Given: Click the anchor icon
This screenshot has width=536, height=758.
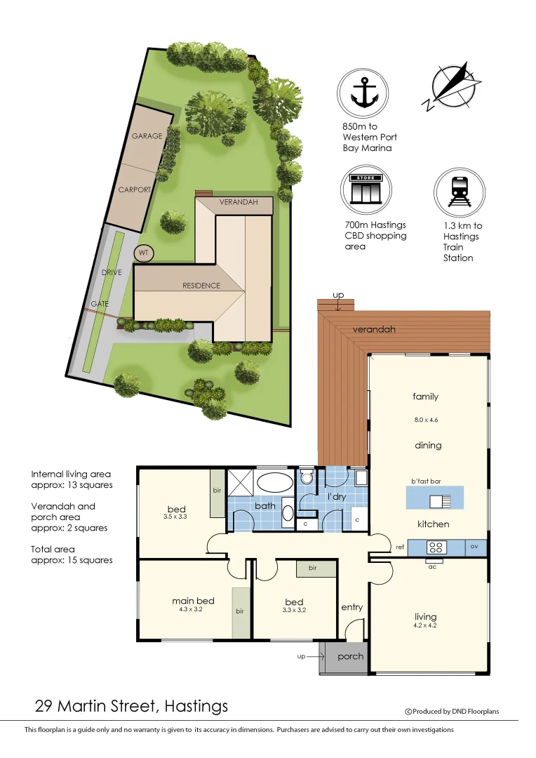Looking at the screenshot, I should point(363,92).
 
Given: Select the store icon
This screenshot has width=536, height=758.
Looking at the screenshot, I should point(366,189).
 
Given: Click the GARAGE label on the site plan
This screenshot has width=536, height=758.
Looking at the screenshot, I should point(147,136).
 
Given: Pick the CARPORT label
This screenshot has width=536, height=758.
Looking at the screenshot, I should point(135,189).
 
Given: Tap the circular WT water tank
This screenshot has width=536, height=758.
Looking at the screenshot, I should point(143,252).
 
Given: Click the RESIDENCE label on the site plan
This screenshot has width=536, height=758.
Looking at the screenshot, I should point(201,286).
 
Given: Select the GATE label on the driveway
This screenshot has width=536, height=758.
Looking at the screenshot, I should point(99,304).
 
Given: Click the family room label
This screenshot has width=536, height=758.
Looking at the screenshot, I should point(425,397).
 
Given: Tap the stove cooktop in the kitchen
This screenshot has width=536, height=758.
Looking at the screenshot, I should point(434,547).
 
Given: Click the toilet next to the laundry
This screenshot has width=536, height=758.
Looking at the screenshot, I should point(306,477).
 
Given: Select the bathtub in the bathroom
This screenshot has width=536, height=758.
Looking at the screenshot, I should point(273,483).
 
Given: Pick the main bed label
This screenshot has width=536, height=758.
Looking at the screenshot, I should point(193,601).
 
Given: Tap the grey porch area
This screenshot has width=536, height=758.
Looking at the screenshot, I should point(344,657).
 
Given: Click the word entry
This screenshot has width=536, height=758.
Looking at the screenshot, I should point(351,607).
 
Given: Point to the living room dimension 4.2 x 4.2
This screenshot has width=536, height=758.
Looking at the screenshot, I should point(425,625).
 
